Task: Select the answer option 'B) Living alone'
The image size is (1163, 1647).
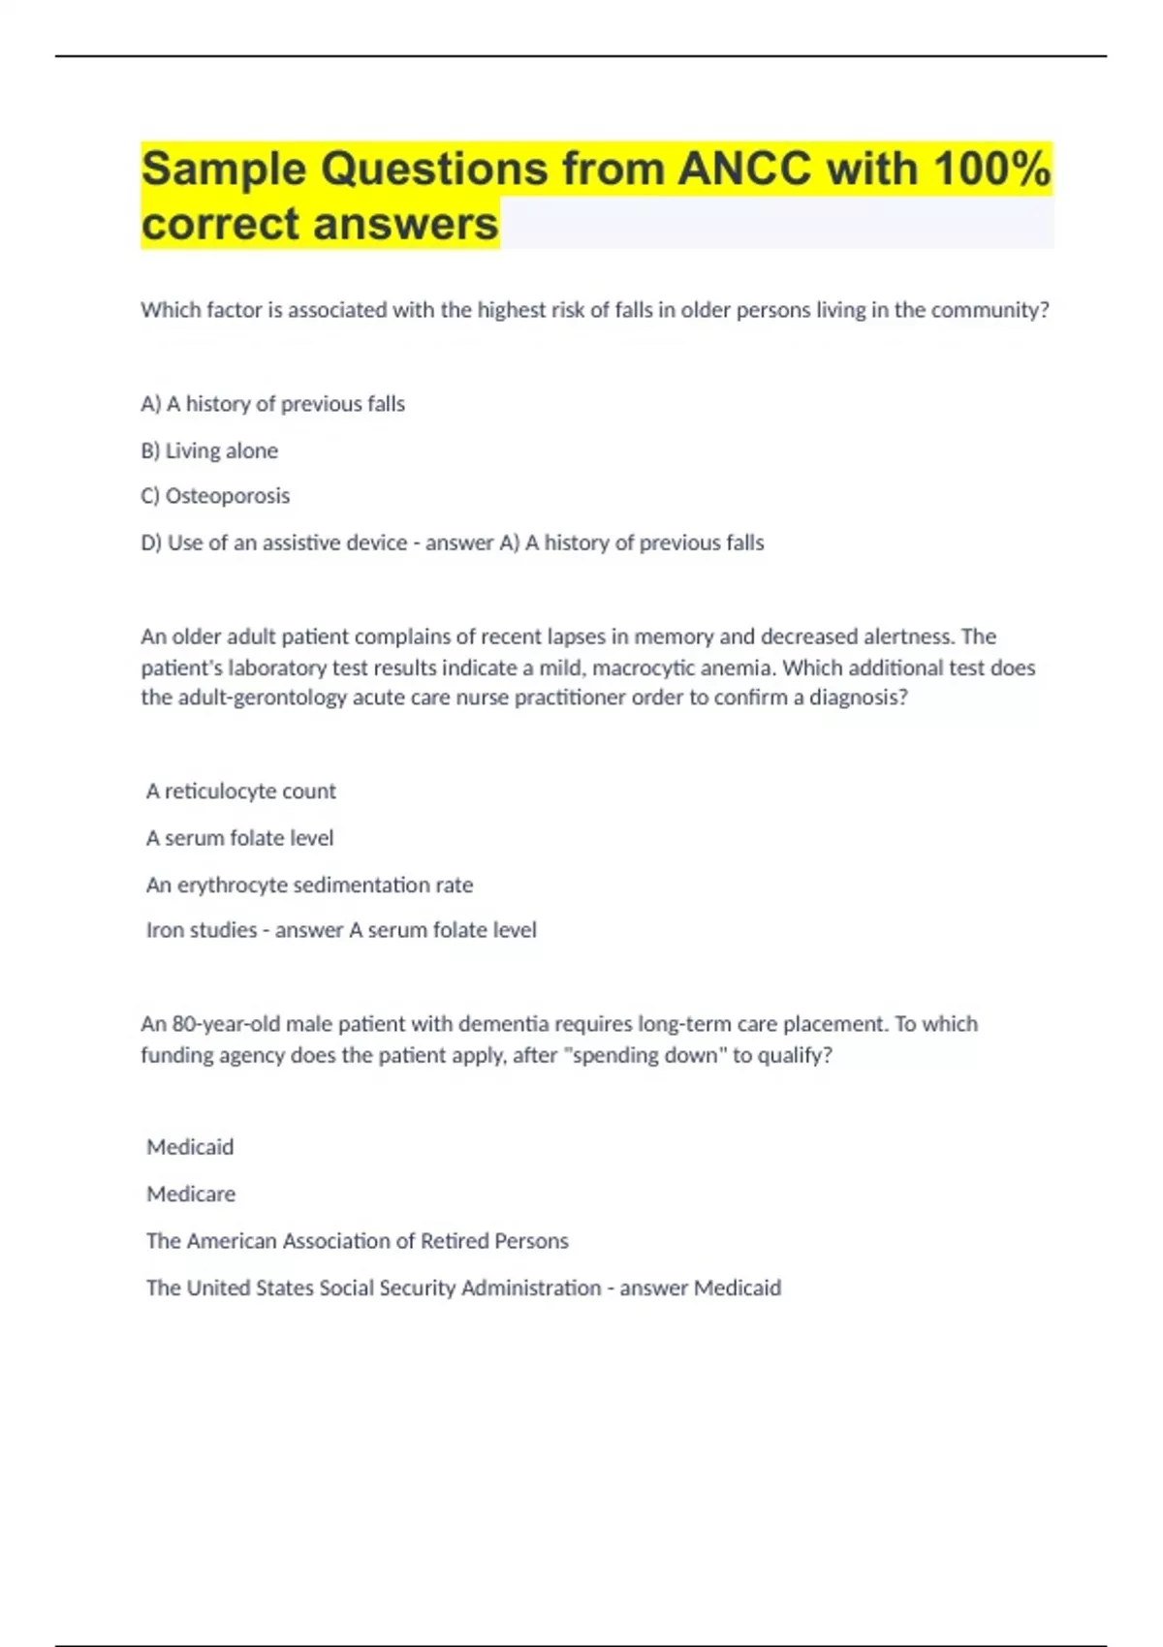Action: (x=209, y=451)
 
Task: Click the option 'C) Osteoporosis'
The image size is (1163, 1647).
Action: (x=215, y=496)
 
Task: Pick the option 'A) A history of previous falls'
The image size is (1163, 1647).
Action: (x=272, y=404)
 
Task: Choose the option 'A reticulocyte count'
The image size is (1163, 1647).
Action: (x=241, y=792)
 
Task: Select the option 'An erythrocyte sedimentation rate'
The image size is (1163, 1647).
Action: (x=309, y=885)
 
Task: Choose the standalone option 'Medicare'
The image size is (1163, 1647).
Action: (x=191, y=1194)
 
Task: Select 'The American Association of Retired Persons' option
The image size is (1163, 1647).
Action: (x=358, y=1241)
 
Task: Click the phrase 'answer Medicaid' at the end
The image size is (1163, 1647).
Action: (x=700, y=1288)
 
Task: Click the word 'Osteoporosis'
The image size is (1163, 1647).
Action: (x=228, y=496)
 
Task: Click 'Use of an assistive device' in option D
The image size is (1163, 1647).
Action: (x=287, y=544)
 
